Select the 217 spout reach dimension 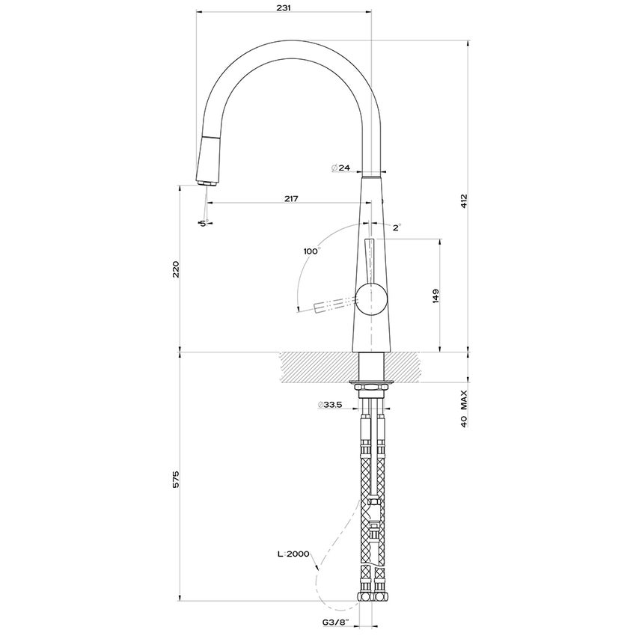292,198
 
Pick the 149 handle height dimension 435,296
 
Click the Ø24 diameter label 340,168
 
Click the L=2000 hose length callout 293,554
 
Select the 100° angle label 311,251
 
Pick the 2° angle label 397,226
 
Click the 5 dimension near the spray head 201,223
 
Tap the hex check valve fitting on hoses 372,515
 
